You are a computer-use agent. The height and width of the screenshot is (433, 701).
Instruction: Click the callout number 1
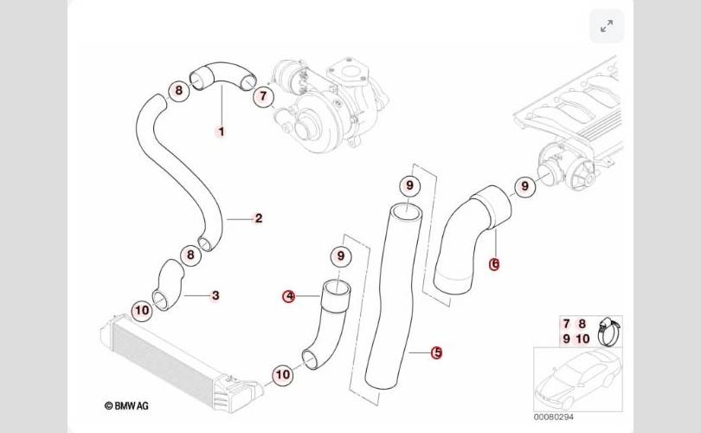click(x=221, y=132)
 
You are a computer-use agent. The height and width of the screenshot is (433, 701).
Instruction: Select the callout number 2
click(x=258, y=218)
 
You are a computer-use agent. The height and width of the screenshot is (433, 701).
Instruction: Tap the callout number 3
click(x=215, y=295)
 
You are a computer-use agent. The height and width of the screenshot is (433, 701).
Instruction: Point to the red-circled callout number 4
click(x=289, y=296)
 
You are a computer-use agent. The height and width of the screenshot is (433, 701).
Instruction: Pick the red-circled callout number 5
click(x=437, y=352)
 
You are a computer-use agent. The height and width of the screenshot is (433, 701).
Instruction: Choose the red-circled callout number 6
click(x=494, y=264)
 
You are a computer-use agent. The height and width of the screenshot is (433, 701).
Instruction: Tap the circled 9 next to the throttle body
click(x=523, y=186)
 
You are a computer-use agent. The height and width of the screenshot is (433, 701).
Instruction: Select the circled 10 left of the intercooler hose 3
click(x=140, y=309)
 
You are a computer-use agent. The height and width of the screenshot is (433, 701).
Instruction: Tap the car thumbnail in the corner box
click(x=576, y=381)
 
